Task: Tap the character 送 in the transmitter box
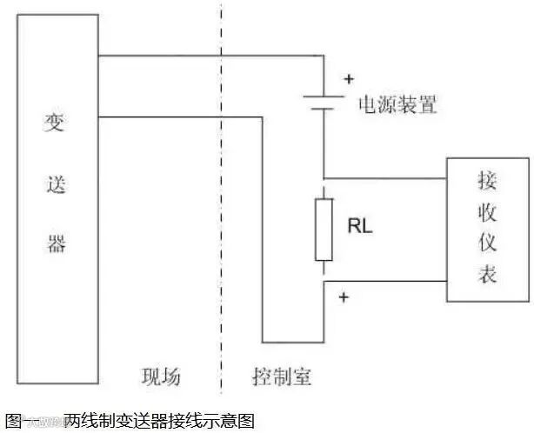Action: click(x=56, y=183)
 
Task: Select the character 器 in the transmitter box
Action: click(x=56, y=243)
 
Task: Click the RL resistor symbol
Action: click(x=324, y=229)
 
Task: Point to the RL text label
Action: click(x=360, y=227)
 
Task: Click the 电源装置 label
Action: click(x=397, y=106)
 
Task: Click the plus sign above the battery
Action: click(x=348, y=79)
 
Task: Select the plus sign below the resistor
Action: click(x=343, y=298)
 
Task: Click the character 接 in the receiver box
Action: click(x=487, y=181)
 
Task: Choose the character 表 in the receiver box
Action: click(x=487, y=275)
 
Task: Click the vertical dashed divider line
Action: click(x=222, y=217)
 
